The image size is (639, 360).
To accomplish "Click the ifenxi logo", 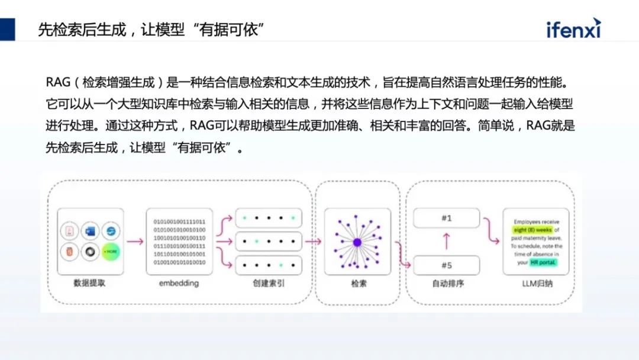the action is pos(573,27).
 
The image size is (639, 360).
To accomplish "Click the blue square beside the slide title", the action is pos(8,29).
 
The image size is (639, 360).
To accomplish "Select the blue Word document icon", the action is pos(91,230).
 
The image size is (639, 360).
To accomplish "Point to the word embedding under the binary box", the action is pos(179,284).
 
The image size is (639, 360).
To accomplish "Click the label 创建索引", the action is pos(268,284).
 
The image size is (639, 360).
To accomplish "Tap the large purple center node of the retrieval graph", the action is pos(357,242).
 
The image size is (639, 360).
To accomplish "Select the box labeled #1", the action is pos(447,218).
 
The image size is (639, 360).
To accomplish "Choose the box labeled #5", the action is pos(447,265).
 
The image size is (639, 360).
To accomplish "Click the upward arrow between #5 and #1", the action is pos(447,242).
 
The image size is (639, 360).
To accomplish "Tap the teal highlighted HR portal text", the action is pos(544,262).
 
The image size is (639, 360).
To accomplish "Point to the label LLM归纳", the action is pos(535,284).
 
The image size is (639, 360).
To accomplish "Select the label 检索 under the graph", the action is pos(358,284).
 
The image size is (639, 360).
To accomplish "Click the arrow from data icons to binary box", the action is pos(135,242).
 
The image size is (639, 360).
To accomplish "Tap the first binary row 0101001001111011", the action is pos(179,221).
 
